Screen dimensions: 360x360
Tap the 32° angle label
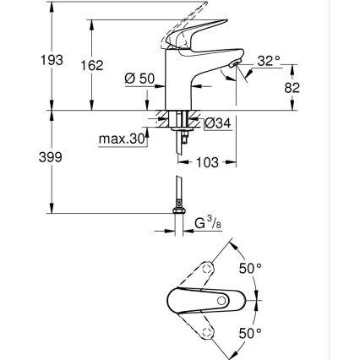pos(269,60)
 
